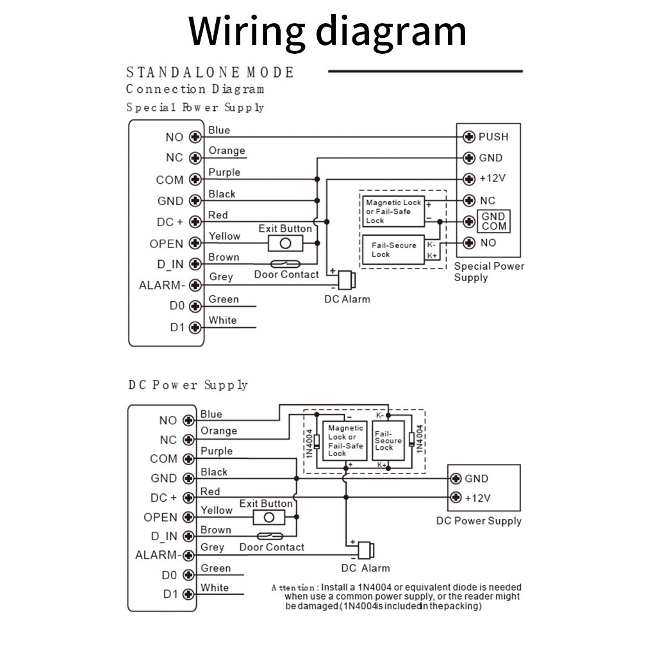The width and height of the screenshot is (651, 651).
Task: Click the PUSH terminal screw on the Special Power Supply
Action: tap(469, 136)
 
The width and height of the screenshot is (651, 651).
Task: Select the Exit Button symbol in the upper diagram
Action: tap(285, 243)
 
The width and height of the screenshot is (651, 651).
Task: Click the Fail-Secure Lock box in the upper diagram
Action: tap(393, 250)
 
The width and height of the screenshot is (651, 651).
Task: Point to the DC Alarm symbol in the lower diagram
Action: tap(366, 550)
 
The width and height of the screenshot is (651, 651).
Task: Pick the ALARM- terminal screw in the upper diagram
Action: tap(195, 285)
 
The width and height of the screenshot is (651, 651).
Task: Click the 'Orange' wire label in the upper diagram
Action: tap(227, 151)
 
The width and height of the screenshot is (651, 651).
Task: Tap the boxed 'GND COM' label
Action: tap(493, 221)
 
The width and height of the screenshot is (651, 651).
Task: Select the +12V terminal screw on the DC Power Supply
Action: tap(456, 497)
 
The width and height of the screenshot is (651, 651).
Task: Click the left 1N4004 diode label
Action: tap(309, 444)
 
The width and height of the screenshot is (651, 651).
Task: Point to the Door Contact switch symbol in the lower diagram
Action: tap(270, 536)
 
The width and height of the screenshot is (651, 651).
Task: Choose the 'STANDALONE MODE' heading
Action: tap(210, 72)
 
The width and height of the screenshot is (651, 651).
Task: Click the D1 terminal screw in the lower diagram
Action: tap(188, 595)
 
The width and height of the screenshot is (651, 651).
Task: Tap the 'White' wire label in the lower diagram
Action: tap(215, 588)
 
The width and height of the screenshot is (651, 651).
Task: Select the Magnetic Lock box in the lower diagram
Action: tap(345, 440)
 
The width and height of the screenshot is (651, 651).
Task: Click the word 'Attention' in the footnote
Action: tap(293, 588)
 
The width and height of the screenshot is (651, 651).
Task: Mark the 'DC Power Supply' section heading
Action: tap(188, 385)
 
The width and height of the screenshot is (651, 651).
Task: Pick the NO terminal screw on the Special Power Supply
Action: tap(469, 243)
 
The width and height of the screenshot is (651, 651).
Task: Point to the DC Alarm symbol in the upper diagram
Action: tap(347, 280)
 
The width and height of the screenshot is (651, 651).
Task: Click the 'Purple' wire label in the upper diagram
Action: tap(224, 172)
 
